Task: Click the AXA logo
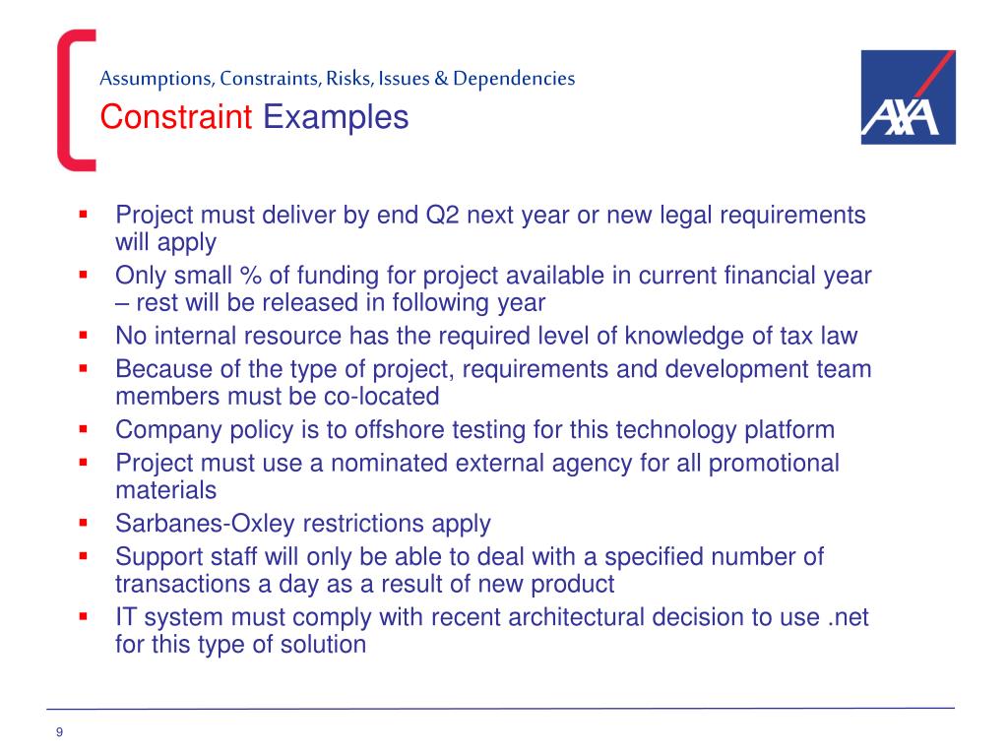click(908, 97)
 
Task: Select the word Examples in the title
click(336, 118)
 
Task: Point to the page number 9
click(60, 731)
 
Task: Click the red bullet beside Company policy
click(84, 430)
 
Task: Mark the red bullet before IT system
click(84, 617)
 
